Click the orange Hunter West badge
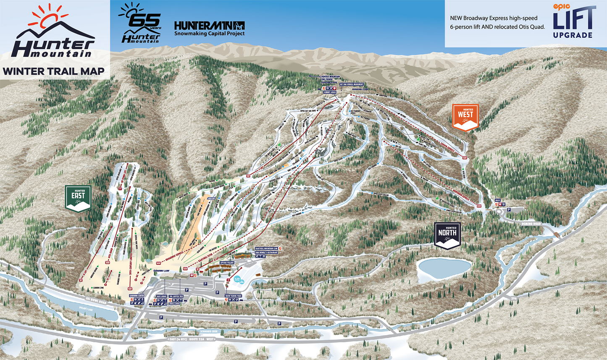click(465, 117)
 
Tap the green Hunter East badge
click(78, 198)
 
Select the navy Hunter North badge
click(447, 235)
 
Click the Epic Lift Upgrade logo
click(574, 21)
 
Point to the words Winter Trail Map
click(53, 71)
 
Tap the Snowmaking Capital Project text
click(209, 34)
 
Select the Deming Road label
click(531, 224)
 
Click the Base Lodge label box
click(162, 296)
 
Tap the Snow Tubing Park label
click(234, 296)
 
